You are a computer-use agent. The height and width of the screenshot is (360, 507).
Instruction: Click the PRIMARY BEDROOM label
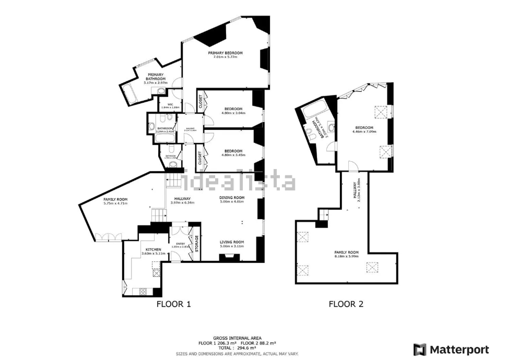click(226, 53)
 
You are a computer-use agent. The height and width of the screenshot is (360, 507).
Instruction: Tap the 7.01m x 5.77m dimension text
click(226, 57)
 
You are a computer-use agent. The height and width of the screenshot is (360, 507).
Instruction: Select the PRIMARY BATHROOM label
click(155, 77)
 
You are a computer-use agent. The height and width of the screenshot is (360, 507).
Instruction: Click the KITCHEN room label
click(153, 250)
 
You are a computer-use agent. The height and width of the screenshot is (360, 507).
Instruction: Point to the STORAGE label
click(197, 244)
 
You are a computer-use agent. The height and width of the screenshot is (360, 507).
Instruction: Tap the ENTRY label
click(181, 244)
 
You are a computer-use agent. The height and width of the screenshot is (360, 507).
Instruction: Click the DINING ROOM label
click(232, 198)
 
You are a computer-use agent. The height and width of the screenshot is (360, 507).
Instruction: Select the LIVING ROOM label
click(232, 242)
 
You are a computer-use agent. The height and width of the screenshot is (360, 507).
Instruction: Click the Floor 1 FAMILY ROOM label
click(115, 199)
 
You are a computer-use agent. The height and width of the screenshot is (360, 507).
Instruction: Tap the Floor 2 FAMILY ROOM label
click(347, 252)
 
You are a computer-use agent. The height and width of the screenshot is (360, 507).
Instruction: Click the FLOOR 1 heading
click(174, 304)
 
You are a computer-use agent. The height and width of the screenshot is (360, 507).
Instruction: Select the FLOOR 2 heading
click(346, 304)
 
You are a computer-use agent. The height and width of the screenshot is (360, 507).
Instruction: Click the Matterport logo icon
click(419, 349)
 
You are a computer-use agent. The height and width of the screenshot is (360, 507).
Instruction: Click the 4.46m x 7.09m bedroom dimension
click(364, 131)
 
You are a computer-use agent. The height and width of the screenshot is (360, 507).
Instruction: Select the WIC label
click(170, 104)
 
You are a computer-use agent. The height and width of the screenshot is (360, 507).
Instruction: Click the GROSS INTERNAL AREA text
click(237, 338)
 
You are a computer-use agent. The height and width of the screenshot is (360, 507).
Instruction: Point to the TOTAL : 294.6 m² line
click(237, 347)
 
